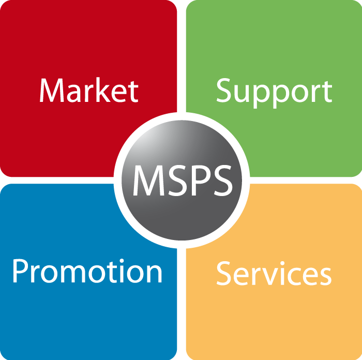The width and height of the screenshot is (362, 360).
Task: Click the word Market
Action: [x=89, y=90]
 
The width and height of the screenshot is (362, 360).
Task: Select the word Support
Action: [x=274, y=93]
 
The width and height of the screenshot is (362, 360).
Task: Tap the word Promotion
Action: [x=87, y=271]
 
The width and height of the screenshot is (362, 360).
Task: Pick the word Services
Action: [x=274, y=273]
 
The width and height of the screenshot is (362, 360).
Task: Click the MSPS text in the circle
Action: [x=183, y=181]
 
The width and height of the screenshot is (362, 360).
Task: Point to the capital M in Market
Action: [x=52, y=90]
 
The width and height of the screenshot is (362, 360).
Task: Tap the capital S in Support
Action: [x=224, y=91]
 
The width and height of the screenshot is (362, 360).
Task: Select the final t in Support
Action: [x=327, y=92]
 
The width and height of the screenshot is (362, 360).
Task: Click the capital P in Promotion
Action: [x=21, y=271]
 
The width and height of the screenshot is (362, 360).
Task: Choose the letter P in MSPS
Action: [x=199, y=181]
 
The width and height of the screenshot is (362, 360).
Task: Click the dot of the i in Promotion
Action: [x=122, y=261]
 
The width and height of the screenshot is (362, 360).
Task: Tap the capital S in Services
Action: [x=224, y=273]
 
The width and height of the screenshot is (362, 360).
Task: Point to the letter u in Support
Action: [x=243, y=94]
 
